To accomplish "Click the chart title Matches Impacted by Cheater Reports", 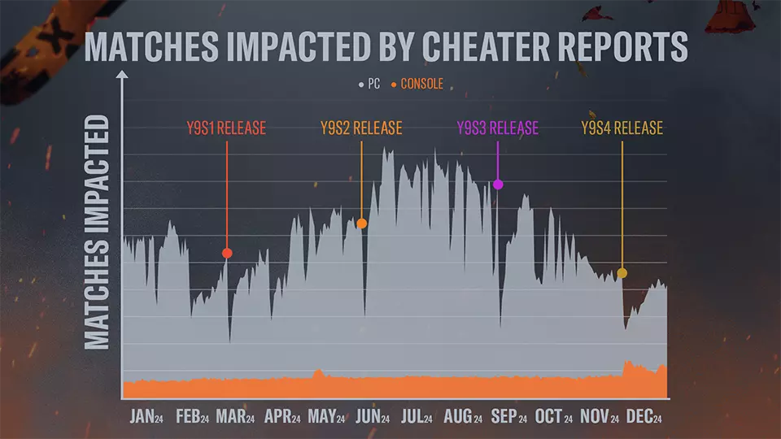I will coord(386,47).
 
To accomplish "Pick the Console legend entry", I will coord(417,84).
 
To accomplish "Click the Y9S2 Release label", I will coord(361,128).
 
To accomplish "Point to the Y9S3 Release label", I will coord(497,128).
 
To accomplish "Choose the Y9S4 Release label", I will coord(622,128).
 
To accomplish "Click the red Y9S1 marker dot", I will coord(227,253).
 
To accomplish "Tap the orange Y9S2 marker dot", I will coord(362,224).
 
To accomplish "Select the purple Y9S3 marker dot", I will coord(499,185).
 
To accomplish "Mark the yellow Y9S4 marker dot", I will coord(622,273).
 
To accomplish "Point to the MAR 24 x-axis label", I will coord(235,417).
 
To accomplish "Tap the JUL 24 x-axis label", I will coord(417,417).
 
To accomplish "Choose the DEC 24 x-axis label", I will coord(645,417).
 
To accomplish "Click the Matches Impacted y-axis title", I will coord(98,232).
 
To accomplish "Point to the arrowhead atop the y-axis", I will coord(122,76).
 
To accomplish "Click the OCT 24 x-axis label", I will coord(553,417).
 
